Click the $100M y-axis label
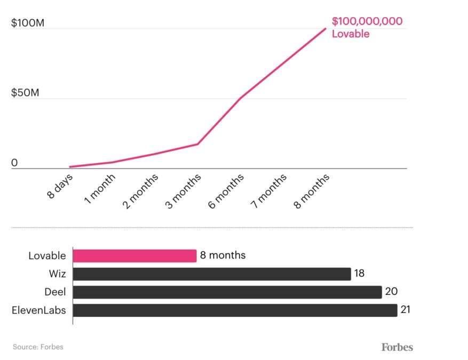pyautogui.click(x=25, y=23)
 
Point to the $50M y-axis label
pyautogui.click(x=25, y=93)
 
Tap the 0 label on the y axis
pyautogui.click(x=14, y=163)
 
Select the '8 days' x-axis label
pyautogui.click(x=60, y=186)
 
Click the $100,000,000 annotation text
pyautogui.click(x=367, y=22)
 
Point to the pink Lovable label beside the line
pyautogui.click(x=351, y=34)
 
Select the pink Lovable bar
pyautogui.click(x=134, y=255)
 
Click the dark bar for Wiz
pyautogui.click(x=211, y=274)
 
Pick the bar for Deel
pyautogui.click(x=227, y=292)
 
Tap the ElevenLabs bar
pyautogui.click(x=235, y=310)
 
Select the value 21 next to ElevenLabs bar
pyautogui.click(x=406, y=309)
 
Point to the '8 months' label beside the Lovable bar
pyautogui.click(x=223, y=255)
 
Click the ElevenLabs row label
pyautogui.click(x=39, y=310)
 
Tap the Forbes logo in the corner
pyautogui.click(x=397, y=347)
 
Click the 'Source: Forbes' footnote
pyautogui.click(x=38, y=347)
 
